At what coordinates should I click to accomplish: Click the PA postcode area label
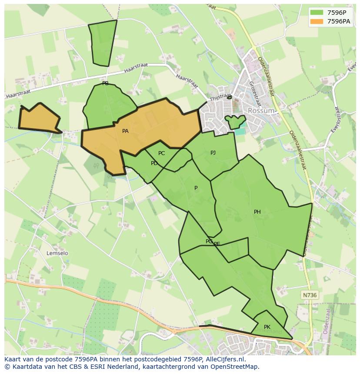(x=125, y=131)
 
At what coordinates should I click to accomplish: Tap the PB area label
(x=105, y=83)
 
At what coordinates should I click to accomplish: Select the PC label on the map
(x=161, y=153)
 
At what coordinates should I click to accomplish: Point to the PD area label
(x=154, y=163)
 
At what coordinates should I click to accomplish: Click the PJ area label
(x=213, y=153)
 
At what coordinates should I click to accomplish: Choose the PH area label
(x=257, y=212)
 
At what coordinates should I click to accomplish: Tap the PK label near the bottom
(x=267, y=327)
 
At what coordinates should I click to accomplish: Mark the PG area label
(x=209, y=242)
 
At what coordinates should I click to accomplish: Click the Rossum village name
(x=261, y=111)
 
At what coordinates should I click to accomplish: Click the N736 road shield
(x=310, y=295)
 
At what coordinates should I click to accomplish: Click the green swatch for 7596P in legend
(x=317, y=12)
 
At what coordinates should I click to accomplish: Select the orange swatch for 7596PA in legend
(x=317, y=21)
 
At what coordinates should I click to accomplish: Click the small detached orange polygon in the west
(x=38, y=119)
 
